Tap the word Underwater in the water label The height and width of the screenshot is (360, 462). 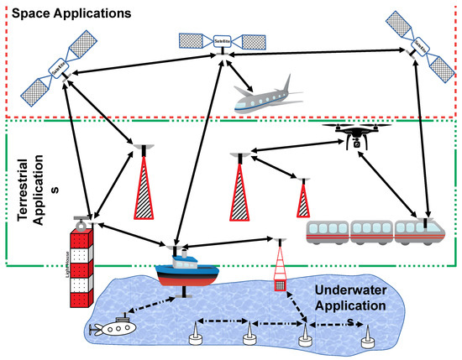[x=345, y=289]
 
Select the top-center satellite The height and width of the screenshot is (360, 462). [x=220, y=39]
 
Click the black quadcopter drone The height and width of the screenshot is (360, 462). [x=355, y=135]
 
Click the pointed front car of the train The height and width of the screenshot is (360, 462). [x=421, y=230]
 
